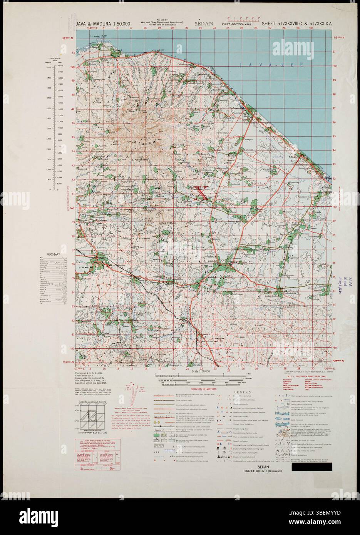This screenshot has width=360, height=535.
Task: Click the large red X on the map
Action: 202,193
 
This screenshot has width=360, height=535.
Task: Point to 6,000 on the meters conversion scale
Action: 49,67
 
